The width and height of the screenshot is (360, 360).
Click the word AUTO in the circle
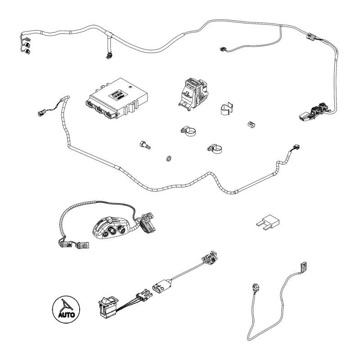coord(66,314)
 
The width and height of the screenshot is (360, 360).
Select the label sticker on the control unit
coord(118,94)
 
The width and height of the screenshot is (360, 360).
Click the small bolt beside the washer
coord(145,145)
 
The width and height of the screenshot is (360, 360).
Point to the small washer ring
coord(169,158)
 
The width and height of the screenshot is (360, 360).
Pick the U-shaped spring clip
coord(227,108)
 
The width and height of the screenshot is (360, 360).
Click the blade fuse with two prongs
coord(268,222)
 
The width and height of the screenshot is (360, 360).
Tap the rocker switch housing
coord(108,307)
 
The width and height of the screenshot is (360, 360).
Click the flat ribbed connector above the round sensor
coord(304,266)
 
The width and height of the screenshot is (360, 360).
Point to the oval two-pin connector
coord(162,286)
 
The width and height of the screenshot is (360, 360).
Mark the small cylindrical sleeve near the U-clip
coord(252,124)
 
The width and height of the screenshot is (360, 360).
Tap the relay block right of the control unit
coord(194,93)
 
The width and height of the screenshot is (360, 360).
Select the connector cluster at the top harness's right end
coord(315,112)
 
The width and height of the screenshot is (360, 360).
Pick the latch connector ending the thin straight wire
coord(210,257)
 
